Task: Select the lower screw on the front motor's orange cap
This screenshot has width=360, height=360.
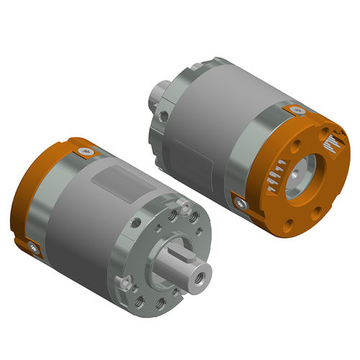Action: point(33,248)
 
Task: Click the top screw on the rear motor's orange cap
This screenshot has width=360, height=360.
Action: point(297,109)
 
